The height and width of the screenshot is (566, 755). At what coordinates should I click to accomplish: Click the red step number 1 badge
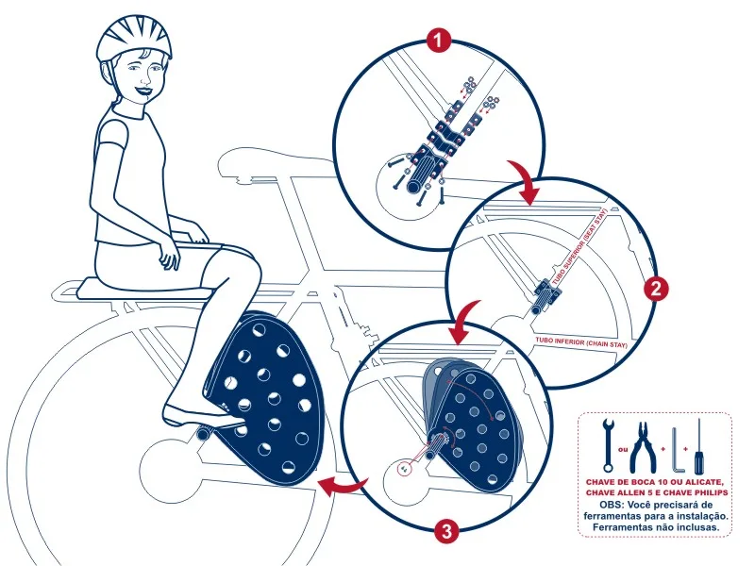pyautogui.click(x=438, y=41)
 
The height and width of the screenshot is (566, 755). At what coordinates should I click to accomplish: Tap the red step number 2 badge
pyautogui.click(x=656, y=289)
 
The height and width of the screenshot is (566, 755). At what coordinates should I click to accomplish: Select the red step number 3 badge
pyautogui.click(x=446, y=531)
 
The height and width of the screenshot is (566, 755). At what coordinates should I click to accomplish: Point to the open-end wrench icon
pyautogui.click(x=608, y=444)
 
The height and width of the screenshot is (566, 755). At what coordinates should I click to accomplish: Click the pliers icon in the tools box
pyautogui.click(x=644, y=447)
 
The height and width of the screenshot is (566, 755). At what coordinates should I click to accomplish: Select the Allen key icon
pyautogui.click(x=677, y=451)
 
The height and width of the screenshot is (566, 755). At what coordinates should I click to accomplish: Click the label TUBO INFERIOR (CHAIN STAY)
pyautogui.click(x=581, y=342)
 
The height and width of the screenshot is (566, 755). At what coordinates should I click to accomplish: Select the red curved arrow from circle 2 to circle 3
pyautogui.click(x=462, y=323)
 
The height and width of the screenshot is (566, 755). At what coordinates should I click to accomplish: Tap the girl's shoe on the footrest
pyautogui.click(x=202, y=416)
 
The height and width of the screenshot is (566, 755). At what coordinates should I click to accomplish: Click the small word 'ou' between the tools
pyautogui.click(x=623, y=450)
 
